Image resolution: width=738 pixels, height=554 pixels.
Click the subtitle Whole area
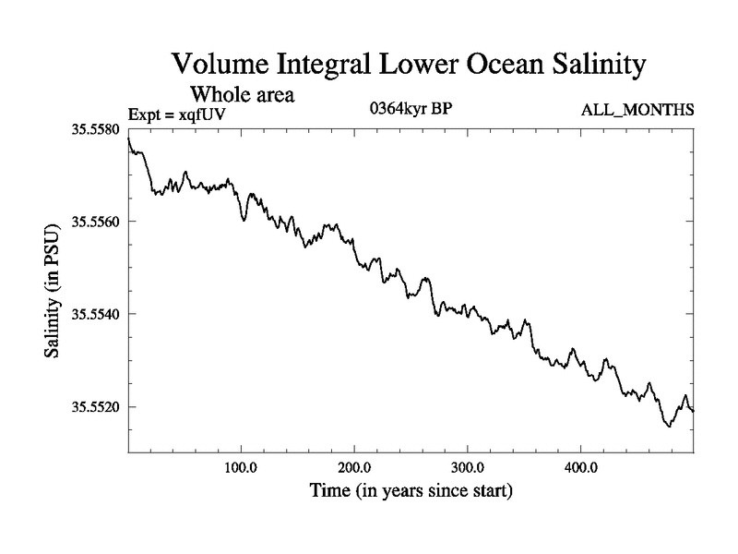(242, 94)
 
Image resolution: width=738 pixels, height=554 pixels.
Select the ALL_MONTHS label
(637, 111)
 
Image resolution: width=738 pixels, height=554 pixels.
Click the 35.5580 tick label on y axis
(95, 129)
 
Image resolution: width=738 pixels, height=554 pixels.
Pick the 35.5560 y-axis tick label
(95, 222)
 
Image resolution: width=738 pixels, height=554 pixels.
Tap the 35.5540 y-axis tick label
(95, 314)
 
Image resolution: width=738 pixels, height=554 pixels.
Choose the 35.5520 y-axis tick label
(95, 406)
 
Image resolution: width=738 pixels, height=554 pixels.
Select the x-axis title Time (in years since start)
(411, 490)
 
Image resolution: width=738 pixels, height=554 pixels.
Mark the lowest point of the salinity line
(669, 427)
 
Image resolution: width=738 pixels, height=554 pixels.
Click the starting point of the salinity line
(128, 138)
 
